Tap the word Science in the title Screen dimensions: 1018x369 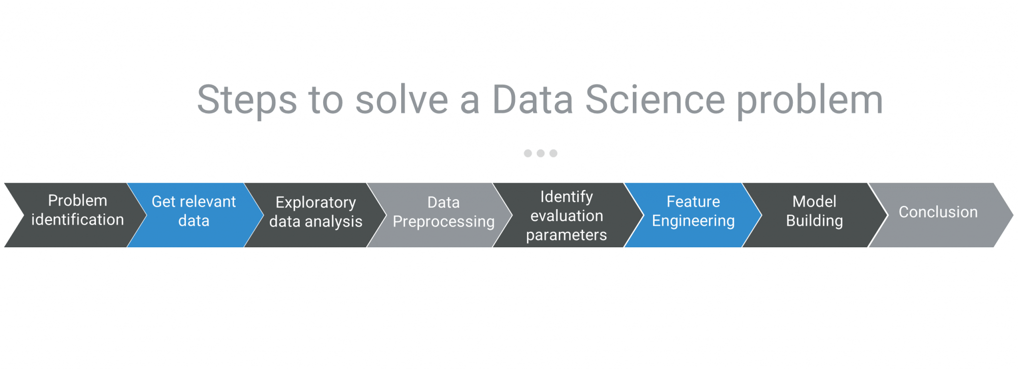[x=655, y=99]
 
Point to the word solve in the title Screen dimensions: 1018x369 [x=402, y=99]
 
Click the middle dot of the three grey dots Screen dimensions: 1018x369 [x=540, y=153]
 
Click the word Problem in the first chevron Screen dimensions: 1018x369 [x=78, y=201]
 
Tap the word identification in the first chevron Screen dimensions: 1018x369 [x=78, y=220]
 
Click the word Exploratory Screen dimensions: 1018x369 [x=316, y=203]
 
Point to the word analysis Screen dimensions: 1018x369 [x=334, y=222]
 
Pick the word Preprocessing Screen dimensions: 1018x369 [x=444, y=222]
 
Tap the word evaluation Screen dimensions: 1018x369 [x=567, y=216]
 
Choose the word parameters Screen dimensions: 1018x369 [x=567, y=235]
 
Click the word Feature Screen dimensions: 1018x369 [x=693, y=202]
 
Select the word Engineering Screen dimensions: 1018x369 [x=693, y=221]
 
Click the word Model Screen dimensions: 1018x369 [x=814, y=202]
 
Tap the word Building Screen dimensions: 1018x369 [x=814, y=221]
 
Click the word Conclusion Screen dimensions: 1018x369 [x=938, y=212]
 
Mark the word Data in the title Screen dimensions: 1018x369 [x=532, y=99]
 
